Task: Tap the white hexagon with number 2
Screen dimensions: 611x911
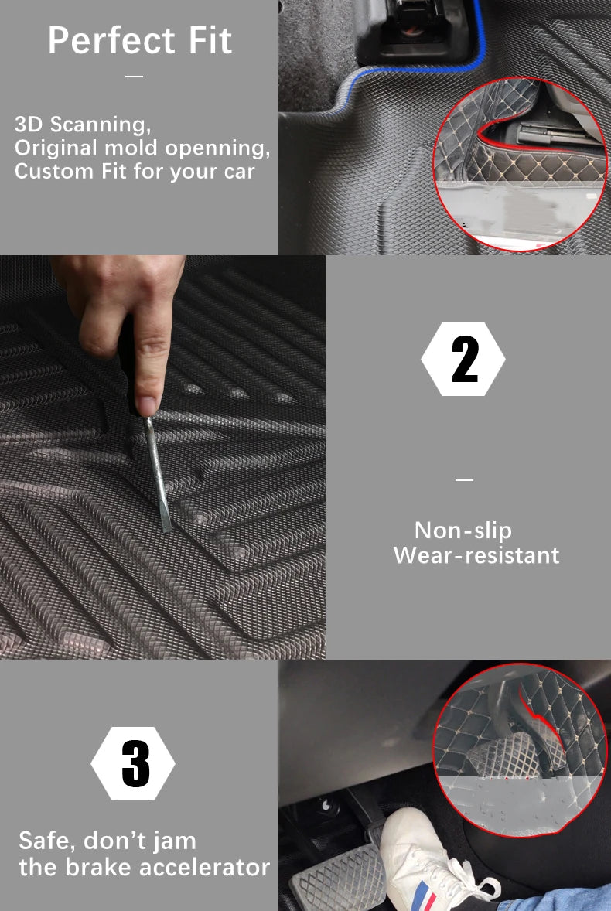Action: pos(463,359)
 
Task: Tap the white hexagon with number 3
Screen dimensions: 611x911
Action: pos(133,763)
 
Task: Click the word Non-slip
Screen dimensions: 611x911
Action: pos(463,530)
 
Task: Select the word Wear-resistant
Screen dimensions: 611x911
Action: pos(476,555)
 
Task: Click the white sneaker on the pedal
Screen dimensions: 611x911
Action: pos(435,861)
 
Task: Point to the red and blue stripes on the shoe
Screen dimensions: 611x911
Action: pos(426,896)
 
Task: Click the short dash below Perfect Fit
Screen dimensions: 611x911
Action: pos(134,76)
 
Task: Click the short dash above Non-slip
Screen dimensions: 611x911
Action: pos(464,480)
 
